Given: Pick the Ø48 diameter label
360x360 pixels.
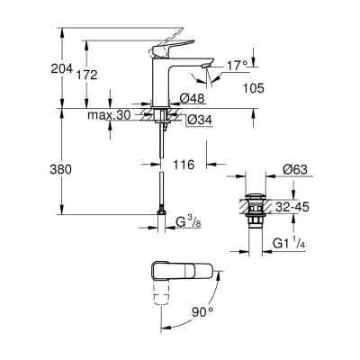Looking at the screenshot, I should tap(195, 101).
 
